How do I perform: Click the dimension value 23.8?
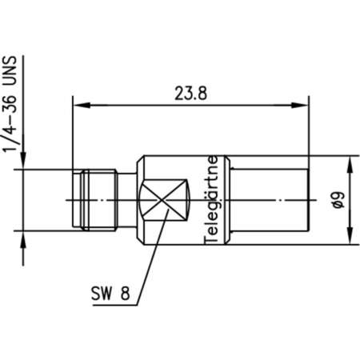coord(190,93)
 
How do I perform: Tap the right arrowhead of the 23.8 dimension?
coord(304,104)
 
